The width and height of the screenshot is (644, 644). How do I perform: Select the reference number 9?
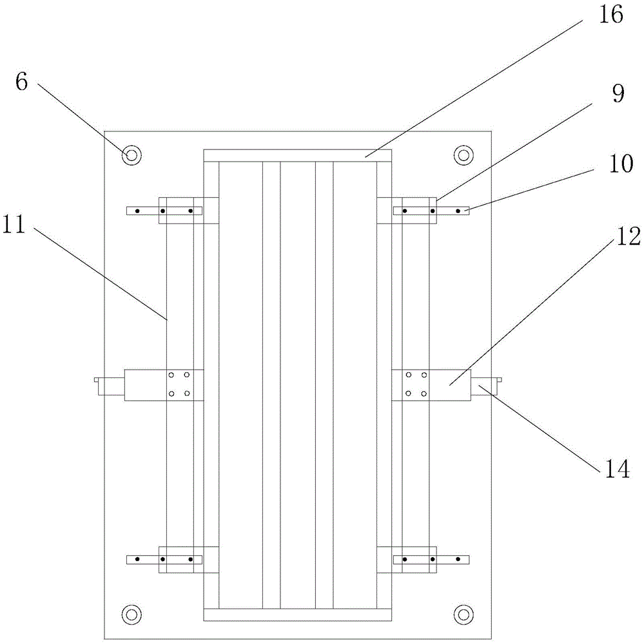click(618, 94)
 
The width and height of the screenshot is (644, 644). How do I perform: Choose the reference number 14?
click(615, 469)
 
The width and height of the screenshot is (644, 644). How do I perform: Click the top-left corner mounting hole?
click(132, 155)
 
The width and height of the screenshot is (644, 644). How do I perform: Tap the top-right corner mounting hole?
click(463, 155)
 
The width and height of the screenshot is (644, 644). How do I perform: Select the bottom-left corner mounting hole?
click(132, 613)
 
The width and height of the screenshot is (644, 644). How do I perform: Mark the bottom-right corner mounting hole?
click(463, 613)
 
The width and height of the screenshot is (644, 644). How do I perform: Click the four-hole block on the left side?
click(179, 384)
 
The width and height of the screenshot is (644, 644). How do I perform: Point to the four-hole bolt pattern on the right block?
click(416, 384)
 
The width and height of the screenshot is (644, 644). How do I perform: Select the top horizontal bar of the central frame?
click(297, 155)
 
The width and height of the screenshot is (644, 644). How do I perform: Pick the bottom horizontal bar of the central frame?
click(297, 615)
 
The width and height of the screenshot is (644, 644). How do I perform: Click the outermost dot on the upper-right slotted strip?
click(458, 211)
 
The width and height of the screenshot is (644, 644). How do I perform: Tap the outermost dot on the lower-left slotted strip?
click(137, 559)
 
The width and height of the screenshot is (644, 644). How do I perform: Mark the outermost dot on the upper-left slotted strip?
click(137, 211)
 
